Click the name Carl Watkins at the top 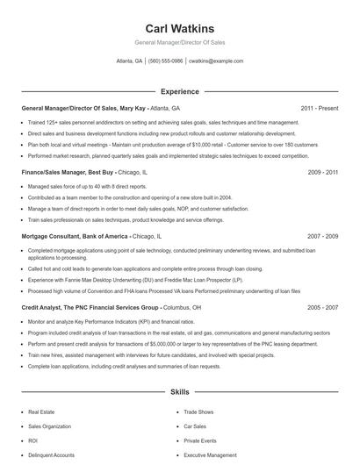coord(179,29)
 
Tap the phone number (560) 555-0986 coord(166,61)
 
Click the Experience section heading coord(179,90)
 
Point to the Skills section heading coord(179,391)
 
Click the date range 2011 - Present coord(319,108)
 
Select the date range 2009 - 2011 coord(323,173)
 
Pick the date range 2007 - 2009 coord(323,237)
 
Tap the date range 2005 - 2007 coord(323,308)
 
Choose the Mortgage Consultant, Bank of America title coord(75,237)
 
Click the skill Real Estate coord(40,411)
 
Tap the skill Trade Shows coord(198,411)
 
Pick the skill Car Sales coord(196,426)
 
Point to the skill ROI coord(33,440)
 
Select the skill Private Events coord(200,440)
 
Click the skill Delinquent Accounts coord(51,455)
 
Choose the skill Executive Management coord(210,455)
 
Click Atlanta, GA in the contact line coord(129,61)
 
